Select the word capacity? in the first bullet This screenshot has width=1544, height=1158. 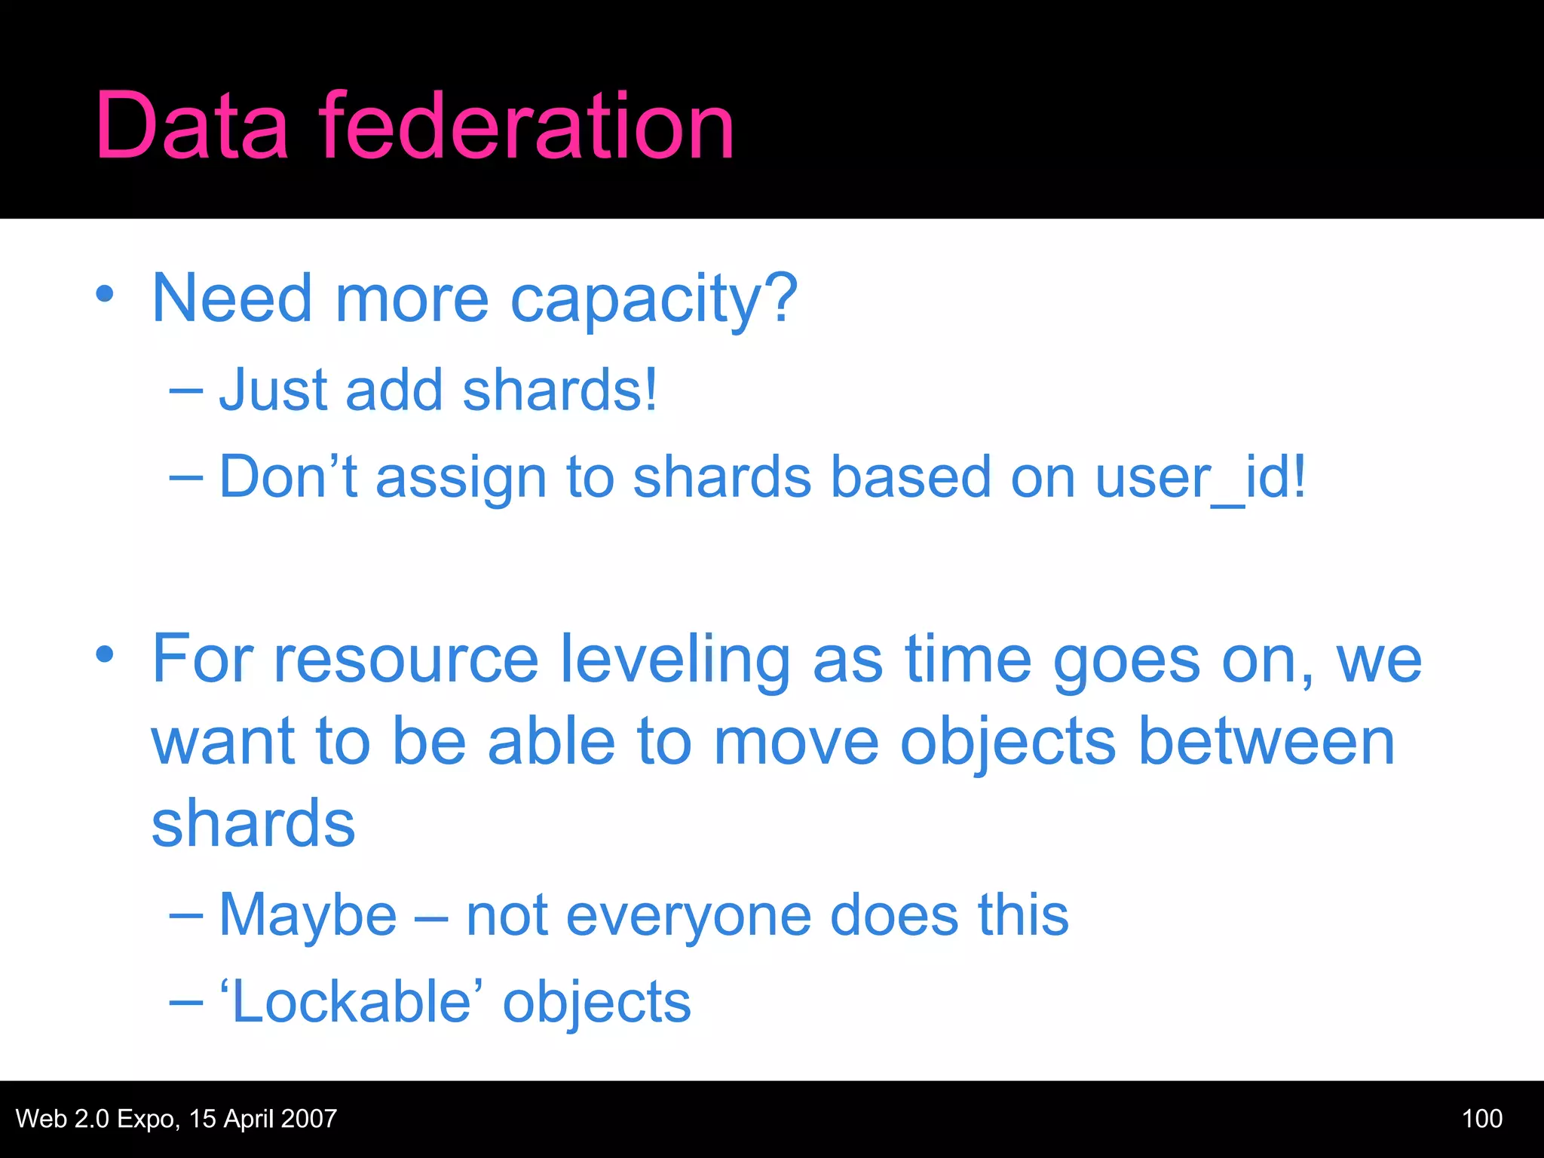(x=654, y=299)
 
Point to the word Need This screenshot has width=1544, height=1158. (x=231, y=299)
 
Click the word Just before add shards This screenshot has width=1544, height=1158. (x=273, y=390)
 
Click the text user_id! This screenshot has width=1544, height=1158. (x=1200, y=476)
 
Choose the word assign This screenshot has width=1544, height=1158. (x=461, y=478)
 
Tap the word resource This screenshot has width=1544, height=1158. (x=406, y=659)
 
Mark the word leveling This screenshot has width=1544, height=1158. (x=675, y=659)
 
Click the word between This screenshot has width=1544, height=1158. (x=1267, y=741)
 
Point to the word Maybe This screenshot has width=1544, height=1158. (x=308, y=915)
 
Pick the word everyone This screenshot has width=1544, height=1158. (x=688, y=915)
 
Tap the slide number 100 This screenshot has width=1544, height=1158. (x=1481, y=1119)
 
